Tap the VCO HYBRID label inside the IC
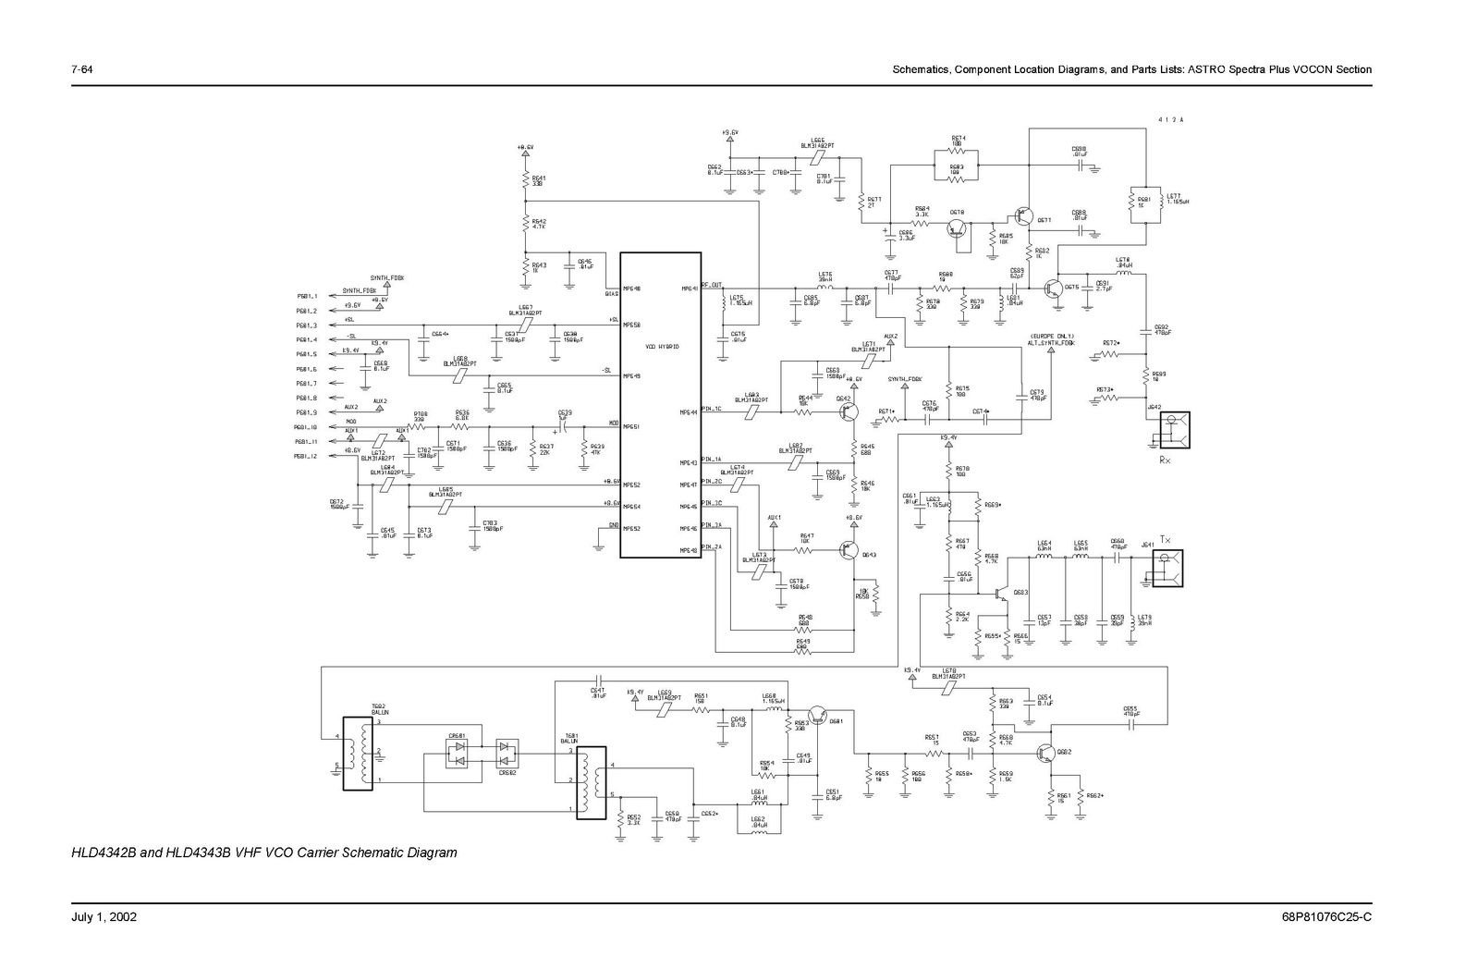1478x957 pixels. point(662,346)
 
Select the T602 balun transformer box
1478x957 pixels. point(357,753)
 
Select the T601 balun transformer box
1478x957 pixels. point(590,780)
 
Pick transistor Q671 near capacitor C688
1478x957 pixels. point(1022,216)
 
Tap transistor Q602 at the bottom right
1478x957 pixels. point(1048,753)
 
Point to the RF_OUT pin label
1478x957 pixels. point(712,286)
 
